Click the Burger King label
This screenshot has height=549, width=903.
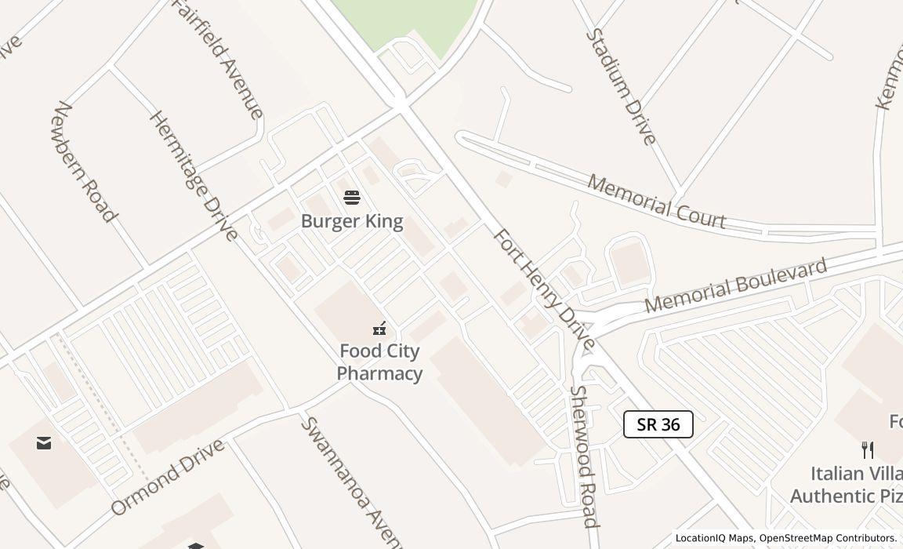(x=352, y=221)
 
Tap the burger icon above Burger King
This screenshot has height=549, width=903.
(x=352, y=197)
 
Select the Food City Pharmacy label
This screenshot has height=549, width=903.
(x=380, y=362)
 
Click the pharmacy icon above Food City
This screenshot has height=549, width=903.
(x=380, y=328)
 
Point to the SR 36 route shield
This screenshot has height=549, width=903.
(x=658, y=424)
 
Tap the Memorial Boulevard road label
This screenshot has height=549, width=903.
(x=735, y=285)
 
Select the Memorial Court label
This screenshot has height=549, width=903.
(x=656, y=202)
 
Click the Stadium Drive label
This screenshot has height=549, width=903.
(x=621, y=86)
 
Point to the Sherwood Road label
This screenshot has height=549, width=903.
(x=584, y=456)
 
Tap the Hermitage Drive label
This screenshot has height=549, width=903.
(x=193, y=176)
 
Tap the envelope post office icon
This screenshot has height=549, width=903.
(x=44, y=443)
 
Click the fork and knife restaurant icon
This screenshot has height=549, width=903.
(x=867, y=450)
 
